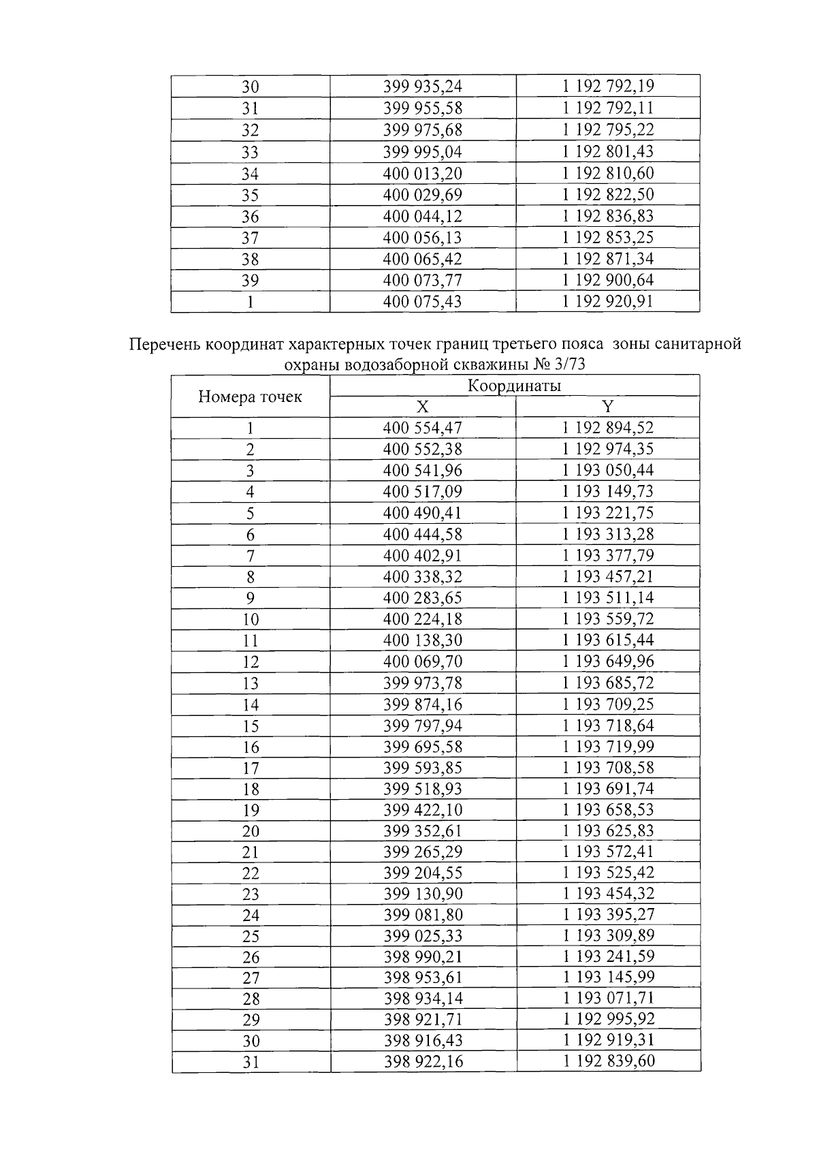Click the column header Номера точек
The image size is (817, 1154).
[x=250, y=397]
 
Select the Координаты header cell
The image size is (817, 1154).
[x=514, y=386]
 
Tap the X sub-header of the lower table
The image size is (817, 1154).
[x=422, y=407]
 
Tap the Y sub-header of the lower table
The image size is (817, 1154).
[x=607, y=407]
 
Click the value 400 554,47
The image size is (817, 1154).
[x=422, y=428]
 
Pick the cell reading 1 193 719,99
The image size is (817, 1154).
[x=607, y=747]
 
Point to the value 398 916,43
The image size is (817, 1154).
[x=422, y=1040]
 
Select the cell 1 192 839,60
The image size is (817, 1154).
[x=607, y=1061]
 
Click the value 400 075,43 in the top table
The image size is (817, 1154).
[x=422, y=301]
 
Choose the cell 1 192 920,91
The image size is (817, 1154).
[x=607, y=301]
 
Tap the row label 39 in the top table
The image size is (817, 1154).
[x=250, y=281]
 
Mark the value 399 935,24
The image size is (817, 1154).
[x=422, y=87]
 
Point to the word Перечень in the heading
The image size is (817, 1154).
[x=163, y=345]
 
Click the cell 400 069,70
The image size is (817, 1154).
[x=422, y=661]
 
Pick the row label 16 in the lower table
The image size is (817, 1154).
[x=250, y=747]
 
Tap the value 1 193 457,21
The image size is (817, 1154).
[x=607, y=577]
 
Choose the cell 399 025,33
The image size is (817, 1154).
[x=422, y=935]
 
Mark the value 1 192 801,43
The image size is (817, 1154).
[x=607, y=151]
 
